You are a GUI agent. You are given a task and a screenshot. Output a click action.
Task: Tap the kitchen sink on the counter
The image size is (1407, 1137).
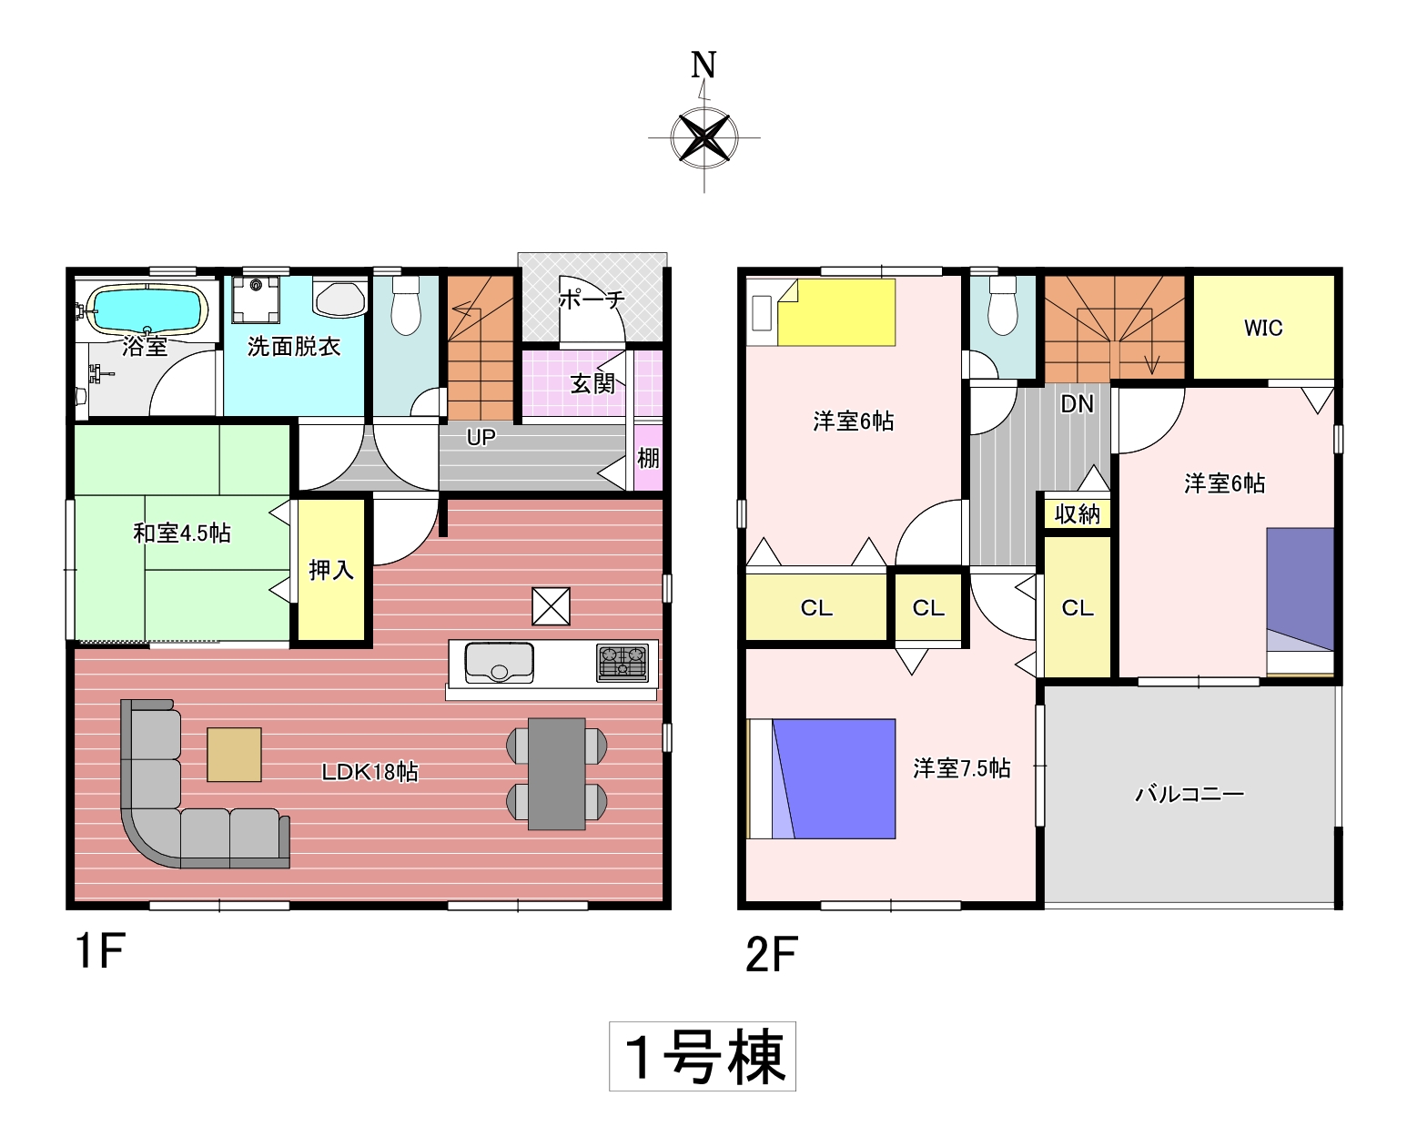pyautogui.click(x=499, y=662)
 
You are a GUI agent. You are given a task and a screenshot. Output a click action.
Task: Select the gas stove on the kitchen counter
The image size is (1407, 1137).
pyautogui.click(x=623, y=663)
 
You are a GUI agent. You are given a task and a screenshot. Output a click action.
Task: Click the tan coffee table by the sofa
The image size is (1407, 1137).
pyautogui.click(x=234, y=755)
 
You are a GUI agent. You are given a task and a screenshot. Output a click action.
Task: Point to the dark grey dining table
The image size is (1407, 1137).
pyautogui.click(x=556, y=774)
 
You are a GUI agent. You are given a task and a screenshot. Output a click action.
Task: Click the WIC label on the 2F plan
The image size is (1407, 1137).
pyautogui.click(x=1263, y=329)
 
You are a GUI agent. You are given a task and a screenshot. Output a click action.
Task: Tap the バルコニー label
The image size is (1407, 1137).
pyautogui.click(x=1189, y=794)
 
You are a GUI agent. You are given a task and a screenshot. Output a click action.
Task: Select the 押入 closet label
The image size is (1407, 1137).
pyautogui.click(x=331, y=570)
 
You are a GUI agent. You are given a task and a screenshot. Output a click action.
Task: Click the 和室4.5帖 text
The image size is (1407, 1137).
pyautogui.click(x=182, y=533)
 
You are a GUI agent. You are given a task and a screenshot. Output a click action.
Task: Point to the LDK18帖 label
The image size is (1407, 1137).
pyautogui.click(x=369, y=772)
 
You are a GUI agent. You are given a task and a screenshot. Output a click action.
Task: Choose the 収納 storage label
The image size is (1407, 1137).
pyautogui.click(x=1077, y=513)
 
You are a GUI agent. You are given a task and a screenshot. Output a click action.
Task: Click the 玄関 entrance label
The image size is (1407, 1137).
pyautogui.click(x=592, y=384)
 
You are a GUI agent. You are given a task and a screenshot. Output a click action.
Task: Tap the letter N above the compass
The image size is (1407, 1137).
pyautogui.click(x=703, y=65)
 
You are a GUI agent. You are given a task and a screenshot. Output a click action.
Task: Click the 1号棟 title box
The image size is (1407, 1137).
pyautogui.click(x=703, y=1056)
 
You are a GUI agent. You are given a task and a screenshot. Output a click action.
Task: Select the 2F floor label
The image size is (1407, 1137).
pyautogui.click(x=772, y=954)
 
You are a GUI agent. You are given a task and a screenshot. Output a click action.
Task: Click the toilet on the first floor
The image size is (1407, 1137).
pyautogui.click(x=406, y=305)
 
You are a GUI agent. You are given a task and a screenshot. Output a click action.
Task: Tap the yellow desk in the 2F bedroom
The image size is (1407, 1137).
pyautogui.click(x=836, y=312)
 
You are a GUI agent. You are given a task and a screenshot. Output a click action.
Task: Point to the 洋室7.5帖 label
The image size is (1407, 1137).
pyautogui.click(x=962, y=768)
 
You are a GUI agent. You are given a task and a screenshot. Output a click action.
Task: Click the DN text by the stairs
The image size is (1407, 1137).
pyautogui.click(x=1077, y=404)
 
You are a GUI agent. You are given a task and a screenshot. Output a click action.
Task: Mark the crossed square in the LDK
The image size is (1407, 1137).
pyautogui.click(x=551, y=606)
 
